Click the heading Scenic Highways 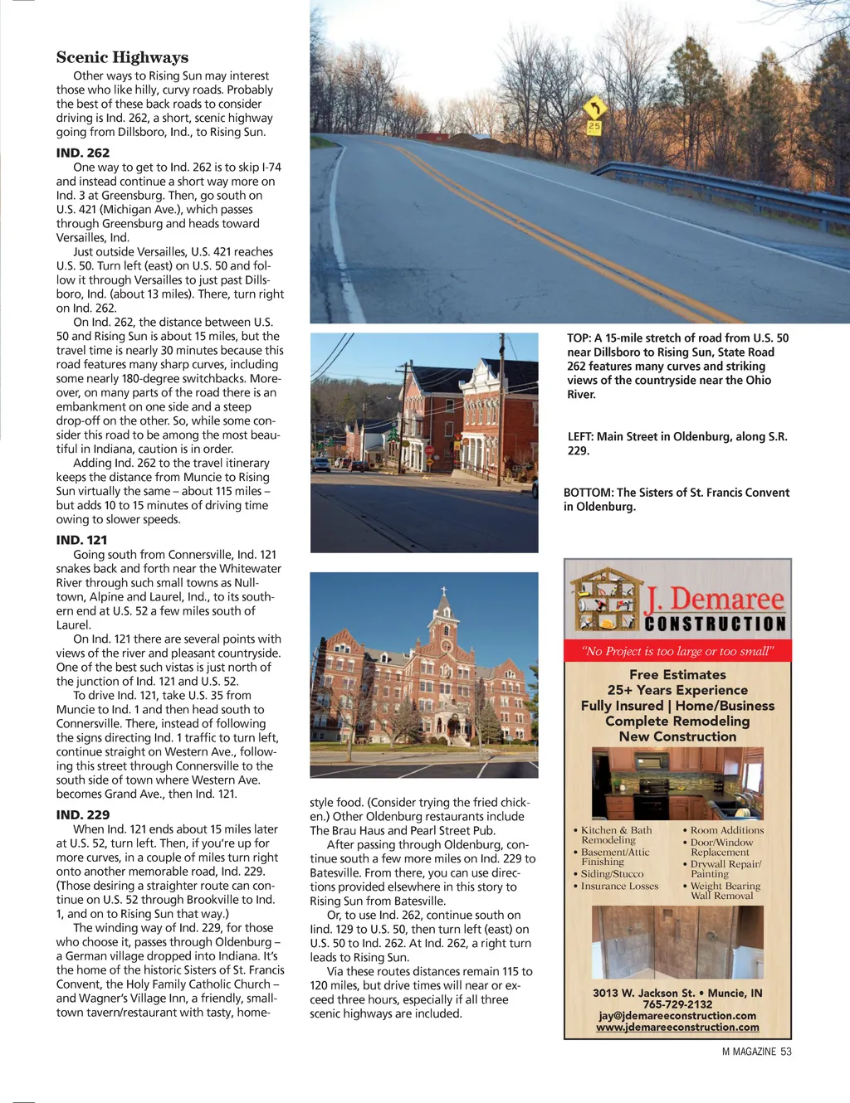tap(122, 57)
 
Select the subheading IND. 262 tap(83, 153)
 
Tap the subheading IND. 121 tap(81, 540)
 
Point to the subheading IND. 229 tap(83, 814)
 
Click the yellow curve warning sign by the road tap(594, 108)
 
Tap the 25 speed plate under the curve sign tap(594, 127)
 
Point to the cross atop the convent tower tap(444, 591)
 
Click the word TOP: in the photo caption tap(579, 338)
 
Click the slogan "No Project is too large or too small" tap(677, 651)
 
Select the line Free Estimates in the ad tap(677, 675)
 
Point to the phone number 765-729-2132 tap(677, 1004)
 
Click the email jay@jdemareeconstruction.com tap(677, 1016)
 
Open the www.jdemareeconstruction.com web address tap(677, 1028)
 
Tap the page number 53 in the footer tap(785, 1052)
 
